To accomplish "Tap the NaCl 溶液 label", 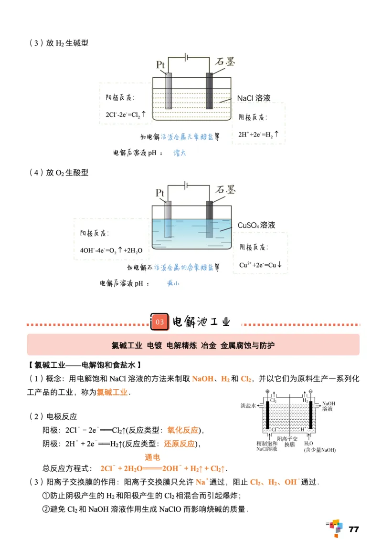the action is (x=254, y=98).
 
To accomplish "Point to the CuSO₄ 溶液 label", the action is (x=256, y=225).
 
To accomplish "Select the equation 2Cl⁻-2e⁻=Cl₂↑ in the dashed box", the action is (x=126, y=115).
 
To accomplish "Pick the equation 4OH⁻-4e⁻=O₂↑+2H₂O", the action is (x=112, y=250).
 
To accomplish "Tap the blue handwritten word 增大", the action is (x=179, y=153).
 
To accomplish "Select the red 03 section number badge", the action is (x=160, y=322).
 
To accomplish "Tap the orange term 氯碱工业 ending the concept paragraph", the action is (x=112, y=392).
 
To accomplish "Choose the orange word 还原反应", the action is (x=180, y=444).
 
